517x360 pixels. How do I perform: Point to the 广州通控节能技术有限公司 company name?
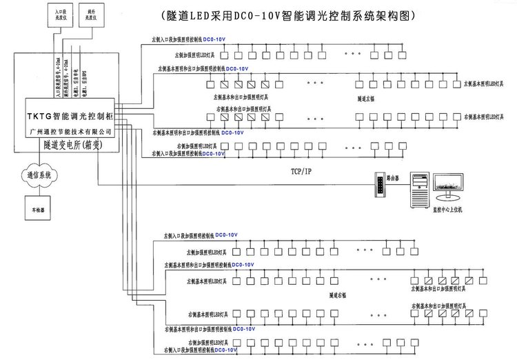[70, 128]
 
